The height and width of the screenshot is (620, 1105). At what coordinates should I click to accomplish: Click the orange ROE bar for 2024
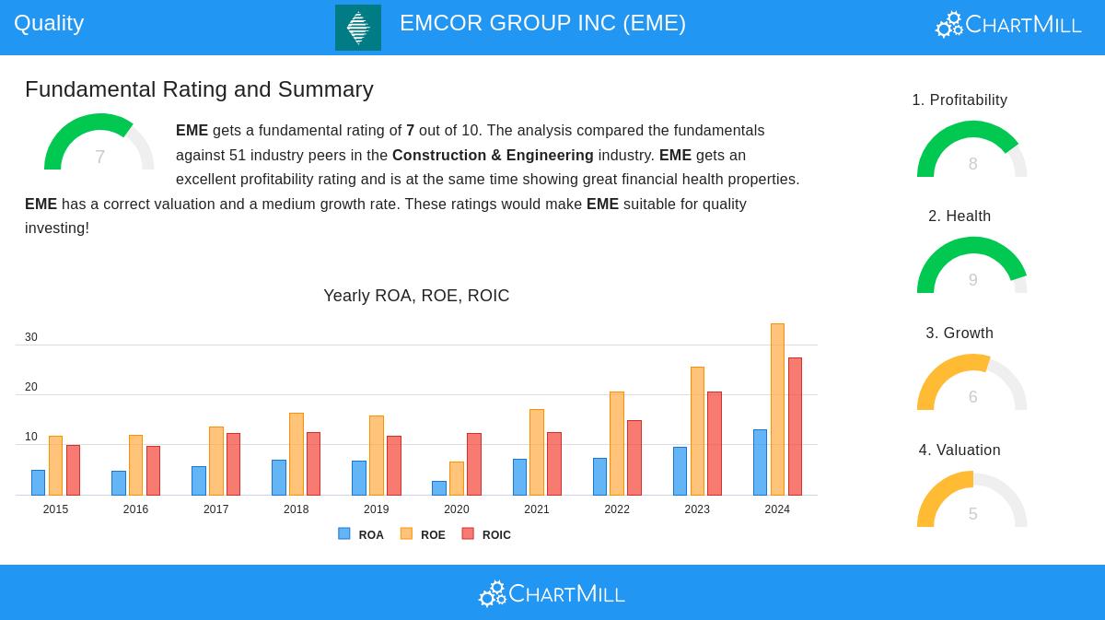click(777, 410)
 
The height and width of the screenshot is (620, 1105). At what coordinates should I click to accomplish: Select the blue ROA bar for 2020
click(439, 488)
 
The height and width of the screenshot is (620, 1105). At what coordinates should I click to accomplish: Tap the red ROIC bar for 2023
click(715, 444)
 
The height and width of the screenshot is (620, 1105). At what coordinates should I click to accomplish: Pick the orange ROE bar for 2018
click(297, 454)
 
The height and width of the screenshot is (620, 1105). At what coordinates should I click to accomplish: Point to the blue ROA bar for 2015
click(38, 483)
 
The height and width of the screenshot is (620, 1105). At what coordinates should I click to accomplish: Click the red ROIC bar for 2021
click(554, 464)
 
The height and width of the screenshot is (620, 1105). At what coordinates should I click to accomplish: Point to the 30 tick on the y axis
click(31, 337)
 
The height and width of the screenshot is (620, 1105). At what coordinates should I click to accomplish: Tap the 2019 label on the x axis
click(376, 509)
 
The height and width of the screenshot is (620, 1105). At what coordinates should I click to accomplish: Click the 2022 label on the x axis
click(617, 509)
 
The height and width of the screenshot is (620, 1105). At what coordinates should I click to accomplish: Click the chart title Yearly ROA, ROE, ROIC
click(416, 296)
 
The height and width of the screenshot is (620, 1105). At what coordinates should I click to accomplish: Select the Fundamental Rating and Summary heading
click(199, 89)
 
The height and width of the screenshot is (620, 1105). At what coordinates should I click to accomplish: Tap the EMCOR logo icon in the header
click(358, 28)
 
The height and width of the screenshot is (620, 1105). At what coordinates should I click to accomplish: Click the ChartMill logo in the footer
click(552, 593)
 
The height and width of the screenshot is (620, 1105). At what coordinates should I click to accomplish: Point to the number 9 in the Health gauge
click(972, 280)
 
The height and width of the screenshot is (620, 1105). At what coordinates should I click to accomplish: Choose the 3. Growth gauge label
click(960, 333)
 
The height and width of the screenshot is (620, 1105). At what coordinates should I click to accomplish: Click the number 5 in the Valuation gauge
click(972, 514)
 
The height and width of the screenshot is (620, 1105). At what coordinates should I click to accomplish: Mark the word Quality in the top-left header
click(49, 23)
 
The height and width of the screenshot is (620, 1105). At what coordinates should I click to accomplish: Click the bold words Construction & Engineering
click(493, 155)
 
